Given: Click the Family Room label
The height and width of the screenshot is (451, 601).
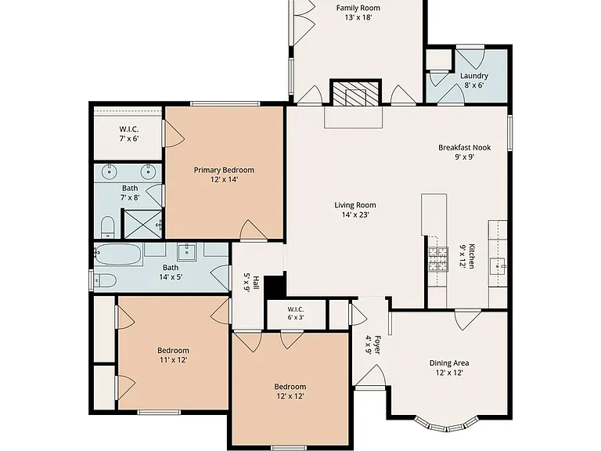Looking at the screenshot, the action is (358, 8).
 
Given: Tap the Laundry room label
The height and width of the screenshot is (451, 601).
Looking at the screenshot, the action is (474, 76).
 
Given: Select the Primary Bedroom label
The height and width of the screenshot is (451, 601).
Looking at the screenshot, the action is (224, 170).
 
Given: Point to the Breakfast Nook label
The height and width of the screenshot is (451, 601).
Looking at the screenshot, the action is (465, 147).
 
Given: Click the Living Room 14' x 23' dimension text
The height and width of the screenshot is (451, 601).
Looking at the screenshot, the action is (355, 215).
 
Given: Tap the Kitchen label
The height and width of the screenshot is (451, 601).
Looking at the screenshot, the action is (472, 256).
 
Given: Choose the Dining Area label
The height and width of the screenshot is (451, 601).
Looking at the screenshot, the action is (449, 363).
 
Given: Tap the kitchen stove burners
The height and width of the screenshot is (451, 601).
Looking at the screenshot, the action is (438, 259).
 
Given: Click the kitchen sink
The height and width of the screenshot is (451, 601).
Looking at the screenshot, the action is (498, 264).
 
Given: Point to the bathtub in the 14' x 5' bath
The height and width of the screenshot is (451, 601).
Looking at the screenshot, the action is (117, 254).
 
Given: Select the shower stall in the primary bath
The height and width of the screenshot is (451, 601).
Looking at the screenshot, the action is (142, 224).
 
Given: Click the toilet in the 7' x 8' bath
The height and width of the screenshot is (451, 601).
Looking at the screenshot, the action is (108, 227).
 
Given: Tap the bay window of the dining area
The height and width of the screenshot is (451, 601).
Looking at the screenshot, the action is (446, 424).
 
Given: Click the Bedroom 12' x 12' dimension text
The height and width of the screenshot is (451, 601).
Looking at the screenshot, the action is (290, 396).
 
